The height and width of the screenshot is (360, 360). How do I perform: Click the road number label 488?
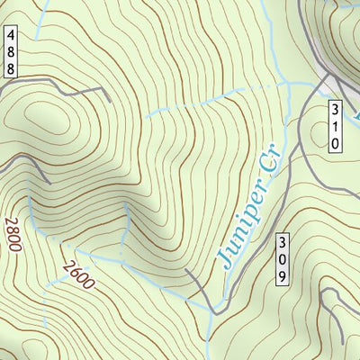(10, 50)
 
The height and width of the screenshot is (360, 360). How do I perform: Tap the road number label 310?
(335, 126)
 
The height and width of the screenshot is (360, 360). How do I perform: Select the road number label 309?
(282, 259)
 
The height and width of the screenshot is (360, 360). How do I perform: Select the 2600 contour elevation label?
(79, 274)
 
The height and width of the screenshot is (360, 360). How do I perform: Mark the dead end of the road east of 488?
(109, 96)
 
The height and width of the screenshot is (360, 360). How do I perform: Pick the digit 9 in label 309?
(282, 275)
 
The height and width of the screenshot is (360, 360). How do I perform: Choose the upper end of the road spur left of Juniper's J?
(186, 269)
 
